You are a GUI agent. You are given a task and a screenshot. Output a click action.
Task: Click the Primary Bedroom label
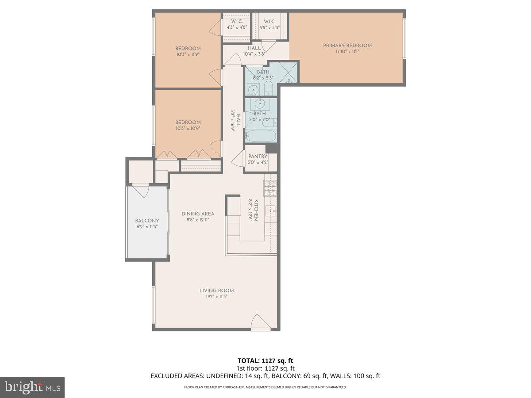(x=347, y=46)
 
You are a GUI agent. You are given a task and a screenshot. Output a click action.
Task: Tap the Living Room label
(x=216, y=291)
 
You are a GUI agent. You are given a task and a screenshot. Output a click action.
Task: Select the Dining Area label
(x=198, y=214)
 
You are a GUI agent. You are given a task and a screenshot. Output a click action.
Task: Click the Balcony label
(x=147, y=221)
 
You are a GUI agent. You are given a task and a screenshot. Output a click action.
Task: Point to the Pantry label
(x=258, y=156)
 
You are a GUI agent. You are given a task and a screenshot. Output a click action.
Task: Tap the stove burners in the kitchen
(x=270, y=189)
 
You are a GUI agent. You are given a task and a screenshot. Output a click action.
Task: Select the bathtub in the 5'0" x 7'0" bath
(x=261, y=136)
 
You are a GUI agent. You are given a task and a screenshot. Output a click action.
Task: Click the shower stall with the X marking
(x=289, y=72)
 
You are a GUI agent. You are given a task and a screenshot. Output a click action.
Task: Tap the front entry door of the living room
(x=260, y=322)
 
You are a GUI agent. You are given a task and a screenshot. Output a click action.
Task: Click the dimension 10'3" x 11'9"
(x=188, y=55)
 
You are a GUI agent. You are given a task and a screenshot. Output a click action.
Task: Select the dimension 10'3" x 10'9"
(x=188, y=129)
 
